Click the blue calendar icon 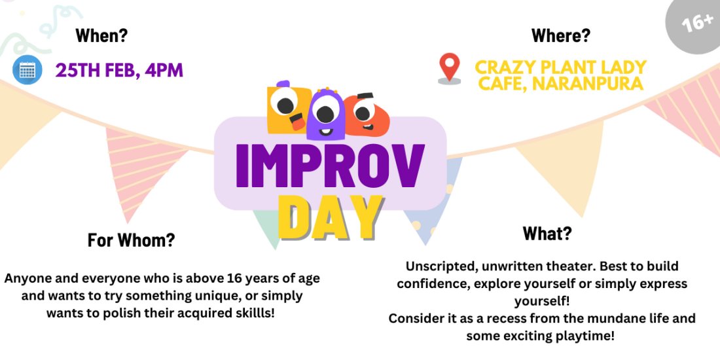(27, 69)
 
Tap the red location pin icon (448, 69)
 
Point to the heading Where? (560, 35)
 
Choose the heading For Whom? (131, 240)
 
